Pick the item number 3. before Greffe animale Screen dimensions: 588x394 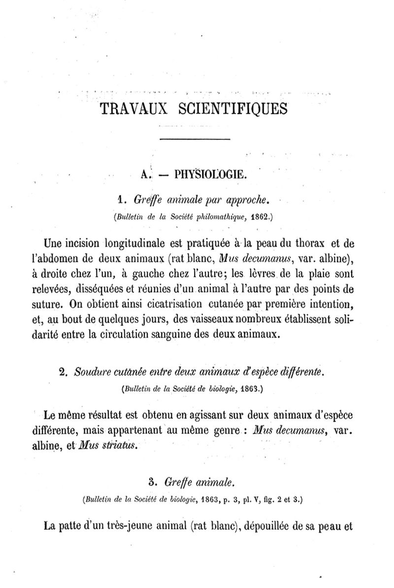pyautogui.click(x=152, y=480)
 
